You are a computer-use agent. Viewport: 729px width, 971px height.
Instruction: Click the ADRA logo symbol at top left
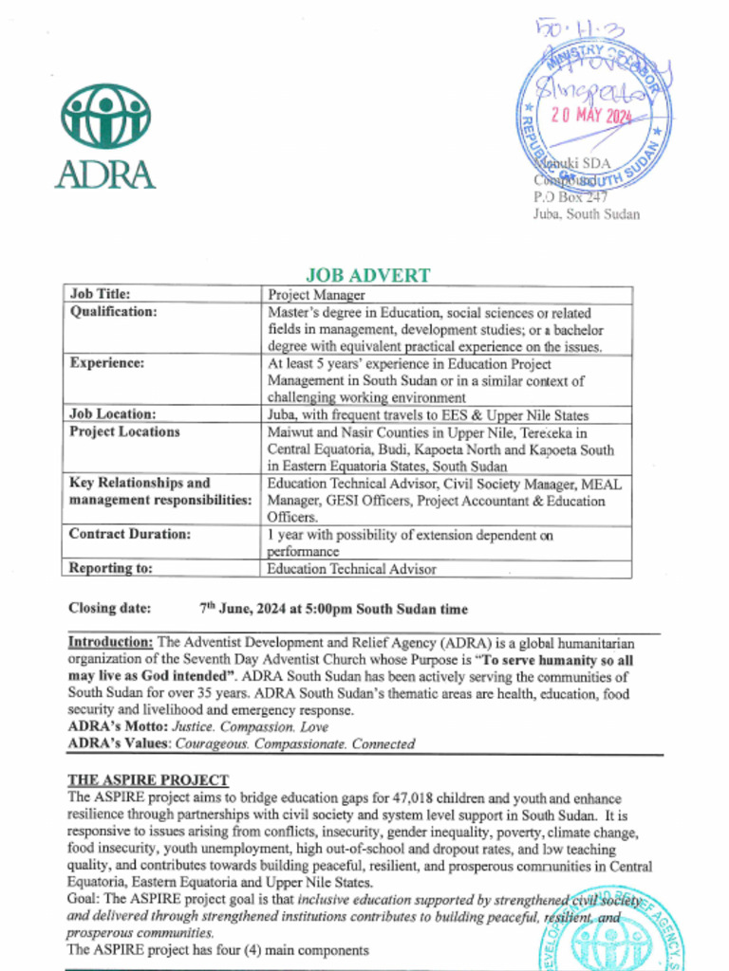pyautogui.click(x=105, y=116)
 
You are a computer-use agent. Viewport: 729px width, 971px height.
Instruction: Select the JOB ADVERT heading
pyautogui.click(x=367, y=275)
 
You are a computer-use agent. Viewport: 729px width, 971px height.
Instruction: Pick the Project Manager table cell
pyautogui.click(x=316, y=295)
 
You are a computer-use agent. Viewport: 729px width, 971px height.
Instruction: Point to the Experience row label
pyautogui.click(x=106, y=362)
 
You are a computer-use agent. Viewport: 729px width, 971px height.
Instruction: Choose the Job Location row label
pyautogui.click(x=112, y=413)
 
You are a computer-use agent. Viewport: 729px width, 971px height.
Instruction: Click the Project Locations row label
pyautogui.click(x=123, y=431)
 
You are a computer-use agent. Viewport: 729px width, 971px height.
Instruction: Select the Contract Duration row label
pyautogui.click(x=129, y=534)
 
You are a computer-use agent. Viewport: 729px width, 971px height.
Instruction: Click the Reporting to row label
pyautogui.click(x=110, y=568)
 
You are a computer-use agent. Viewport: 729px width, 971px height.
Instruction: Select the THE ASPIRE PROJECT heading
pyautogui.click(x=147, y=779)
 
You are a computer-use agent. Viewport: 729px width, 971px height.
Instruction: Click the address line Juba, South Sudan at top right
pyautogui.click(x=585, y=214)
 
